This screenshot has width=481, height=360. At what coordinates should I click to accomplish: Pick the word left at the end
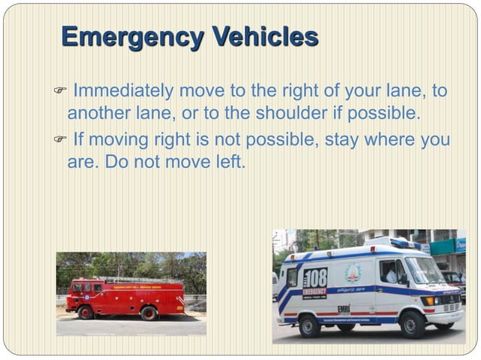227,162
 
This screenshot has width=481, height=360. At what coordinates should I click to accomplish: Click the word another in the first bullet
96,113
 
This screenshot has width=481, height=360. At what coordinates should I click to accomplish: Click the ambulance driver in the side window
390,273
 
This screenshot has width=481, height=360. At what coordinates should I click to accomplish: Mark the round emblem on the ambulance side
353,273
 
